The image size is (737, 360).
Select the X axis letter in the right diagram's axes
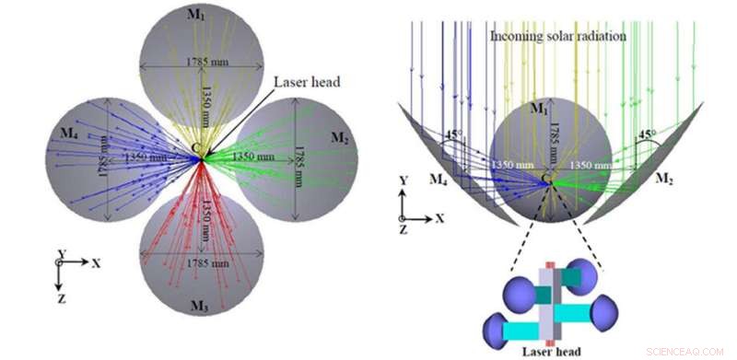pos(441,218)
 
